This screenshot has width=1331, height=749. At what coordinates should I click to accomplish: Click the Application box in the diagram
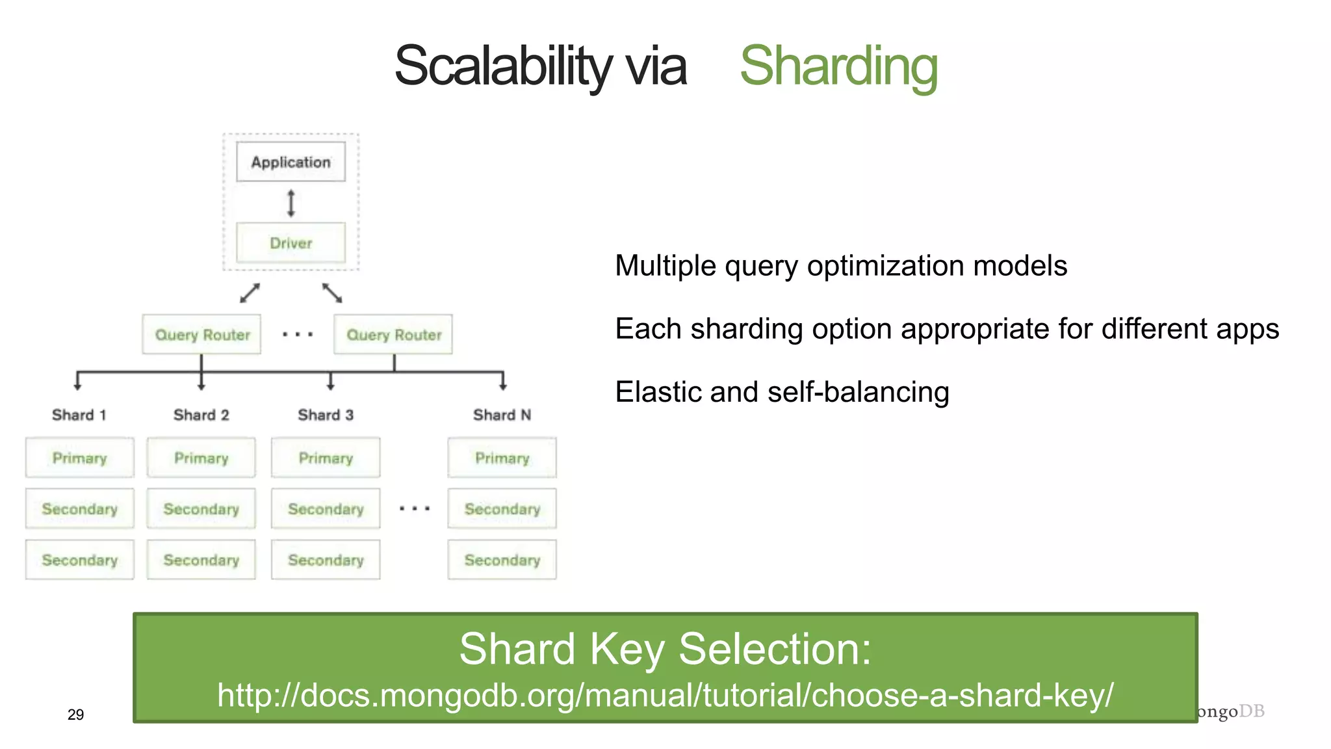click(291, 162)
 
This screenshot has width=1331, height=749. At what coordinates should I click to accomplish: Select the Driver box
click(291, 243)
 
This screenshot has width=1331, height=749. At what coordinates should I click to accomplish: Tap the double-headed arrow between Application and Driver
click(291, 203)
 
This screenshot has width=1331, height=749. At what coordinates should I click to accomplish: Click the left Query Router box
click(201, 335)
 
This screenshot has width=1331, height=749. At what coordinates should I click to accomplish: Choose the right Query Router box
click(393, 335)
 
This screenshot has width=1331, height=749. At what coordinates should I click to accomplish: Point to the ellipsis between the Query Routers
click(298, 335)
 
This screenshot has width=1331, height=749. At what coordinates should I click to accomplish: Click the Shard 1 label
click(79, 415)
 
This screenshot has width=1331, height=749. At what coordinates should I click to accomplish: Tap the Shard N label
click(502, 415)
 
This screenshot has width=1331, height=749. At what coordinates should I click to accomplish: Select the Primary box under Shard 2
click(201, 458)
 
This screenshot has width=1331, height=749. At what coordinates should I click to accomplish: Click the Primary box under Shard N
click(502, 458)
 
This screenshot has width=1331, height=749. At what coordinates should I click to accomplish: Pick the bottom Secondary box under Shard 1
click(79, 560)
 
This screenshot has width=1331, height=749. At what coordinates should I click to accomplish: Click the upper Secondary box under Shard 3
click(326, 508)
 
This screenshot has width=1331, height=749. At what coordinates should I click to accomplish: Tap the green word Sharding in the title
click(838, 66)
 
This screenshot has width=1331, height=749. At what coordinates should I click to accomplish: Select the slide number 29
click(75, 715)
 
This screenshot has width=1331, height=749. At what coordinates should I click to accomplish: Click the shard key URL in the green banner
click(665, 695)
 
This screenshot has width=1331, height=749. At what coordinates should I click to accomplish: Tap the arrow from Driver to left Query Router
click(250, 293)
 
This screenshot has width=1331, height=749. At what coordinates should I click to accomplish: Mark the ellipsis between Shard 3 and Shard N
click(414, 508)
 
